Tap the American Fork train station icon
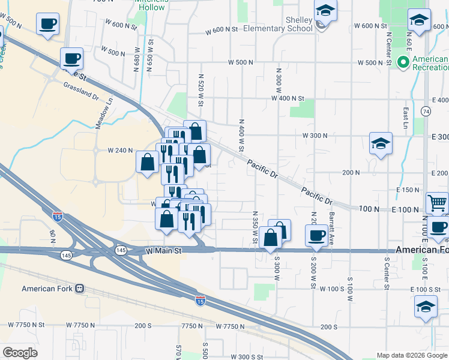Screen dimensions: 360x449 click(x=79, y=289)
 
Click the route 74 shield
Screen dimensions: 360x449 click(x=426, y=112)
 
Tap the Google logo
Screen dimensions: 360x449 click(x=20, y=353)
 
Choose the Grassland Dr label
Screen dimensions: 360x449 click(x=80, y=91)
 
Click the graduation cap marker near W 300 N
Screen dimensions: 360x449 click(x=381, y=144)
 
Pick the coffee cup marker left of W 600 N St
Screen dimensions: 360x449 click(x=47, y=25)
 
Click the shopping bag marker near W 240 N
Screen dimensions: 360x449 click(x=147, y=162)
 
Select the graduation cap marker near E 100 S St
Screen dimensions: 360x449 click(x=426, y=307)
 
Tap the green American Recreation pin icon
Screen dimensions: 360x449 click(x=404, y=62)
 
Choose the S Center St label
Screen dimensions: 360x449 click(x=387, y=272)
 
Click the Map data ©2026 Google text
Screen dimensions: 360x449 click(x=412, y=355)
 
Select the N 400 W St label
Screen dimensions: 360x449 click(x=241, y=134)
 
